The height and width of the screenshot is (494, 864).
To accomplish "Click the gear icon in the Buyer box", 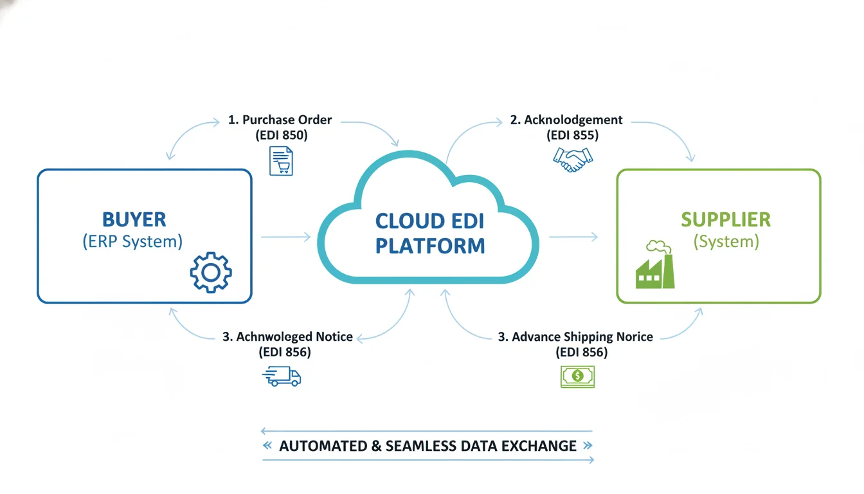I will (x=211, y=273).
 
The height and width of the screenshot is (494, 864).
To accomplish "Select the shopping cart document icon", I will (x=281, y=161).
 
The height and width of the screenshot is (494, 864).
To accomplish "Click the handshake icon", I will (x=573, y=159).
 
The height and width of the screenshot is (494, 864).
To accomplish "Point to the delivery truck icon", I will (x=282, y=376).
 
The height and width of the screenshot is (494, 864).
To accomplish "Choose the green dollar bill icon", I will (x=577, y=376).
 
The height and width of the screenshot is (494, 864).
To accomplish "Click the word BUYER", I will (x=134, y=219).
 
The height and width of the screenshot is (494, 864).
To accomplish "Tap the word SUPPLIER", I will (x=726, y=219).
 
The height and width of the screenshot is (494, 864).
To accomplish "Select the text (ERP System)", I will (x=132, y=242).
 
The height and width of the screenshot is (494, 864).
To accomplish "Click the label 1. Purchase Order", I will (x=280, y=120).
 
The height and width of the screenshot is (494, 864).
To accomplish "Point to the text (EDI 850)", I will (x=281, y=135).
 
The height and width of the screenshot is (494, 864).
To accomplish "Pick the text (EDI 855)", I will (x=572, y=135).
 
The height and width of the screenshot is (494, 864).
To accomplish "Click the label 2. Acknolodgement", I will (x=566, y=120).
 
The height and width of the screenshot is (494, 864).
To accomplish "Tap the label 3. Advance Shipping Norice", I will (x=575, y=337).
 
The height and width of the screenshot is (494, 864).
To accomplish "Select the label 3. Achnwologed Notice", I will (x=287, y=337).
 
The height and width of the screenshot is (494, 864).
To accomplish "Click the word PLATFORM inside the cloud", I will (x=430, y=246).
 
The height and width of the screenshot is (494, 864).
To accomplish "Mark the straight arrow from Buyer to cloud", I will (x=285, y=237).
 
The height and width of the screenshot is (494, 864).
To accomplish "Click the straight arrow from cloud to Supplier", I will (x=573, y=237).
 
